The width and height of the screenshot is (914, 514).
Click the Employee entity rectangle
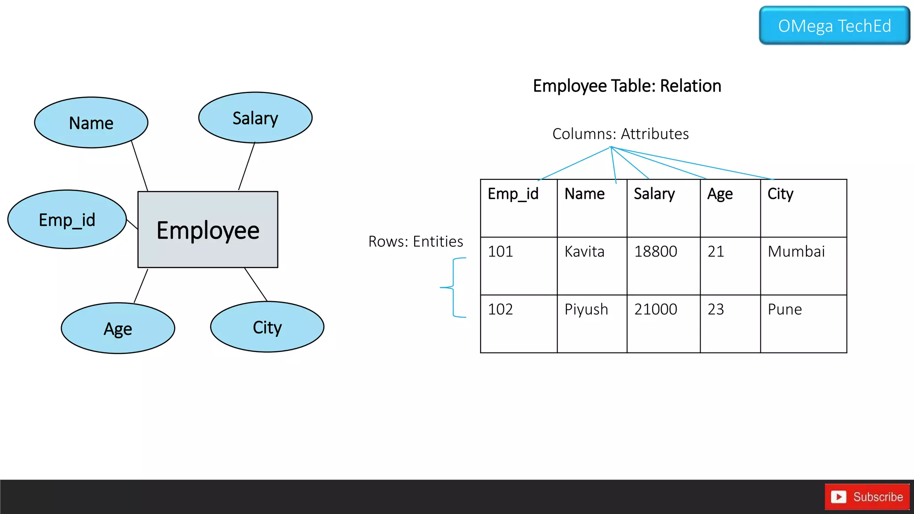208,230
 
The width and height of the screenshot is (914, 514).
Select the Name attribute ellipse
91,123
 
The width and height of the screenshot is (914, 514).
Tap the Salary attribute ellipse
255,118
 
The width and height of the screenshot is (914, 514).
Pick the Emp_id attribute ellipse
67,220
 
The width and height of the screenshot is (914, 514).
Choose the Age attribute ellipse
118,328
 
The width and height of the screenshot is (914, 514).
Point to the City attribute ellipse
267,327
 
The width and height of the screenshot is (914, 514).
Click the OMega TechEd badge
834,25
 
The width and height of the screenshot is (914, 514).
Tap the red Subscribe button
867,497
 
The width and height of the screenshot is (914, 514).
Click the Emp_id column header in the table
518,208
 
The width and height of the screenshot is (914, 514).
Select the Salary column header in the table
663,208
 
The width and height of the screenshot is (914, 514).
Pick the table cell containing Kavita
592,265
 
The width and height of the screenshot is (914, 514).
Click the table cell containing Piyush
592,323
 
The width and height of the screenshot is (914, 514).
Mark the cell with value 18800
663,265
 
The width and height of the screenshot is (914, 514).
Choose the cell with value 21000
663,323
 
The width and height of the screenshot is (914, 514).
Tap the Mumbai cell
803,265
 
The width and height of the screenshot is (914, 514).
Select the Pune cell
803,323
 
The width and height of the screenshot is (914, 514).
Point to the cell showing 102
518,323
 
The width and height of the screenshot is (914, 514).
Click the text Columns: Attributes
620,134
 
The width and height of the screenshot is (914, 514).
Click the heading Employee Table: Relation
627,86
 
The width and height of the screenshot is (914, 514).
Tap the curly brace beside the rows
453,287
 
